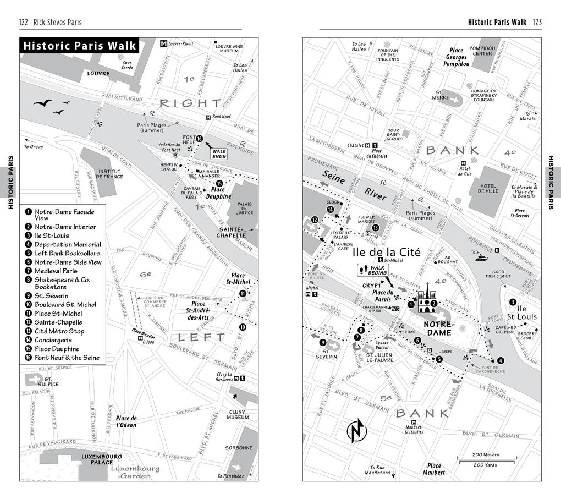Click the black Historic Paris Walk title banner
79,46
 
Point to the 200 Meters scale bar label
486,454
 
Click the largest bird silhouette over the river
42,103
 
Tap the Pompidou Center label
482,51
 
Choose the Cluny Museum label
238,414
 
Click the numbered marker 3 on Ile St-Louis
512,301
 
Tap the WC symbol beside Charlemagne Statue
394,309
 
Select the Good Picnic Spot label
498,274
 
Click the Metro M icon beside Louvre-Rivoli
163,43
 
